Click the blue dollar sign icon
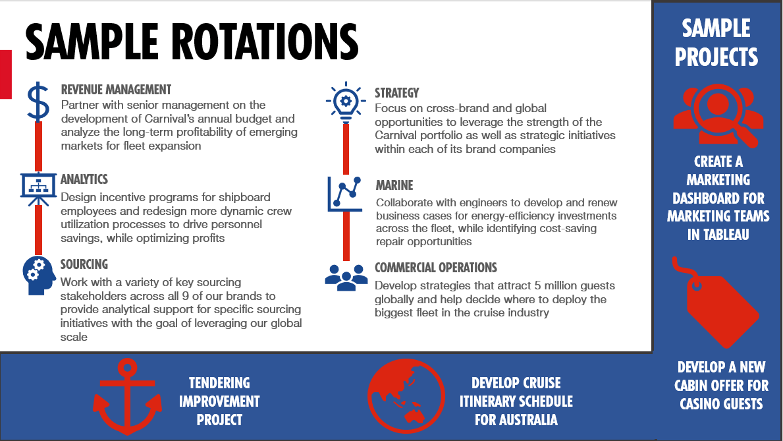(x=38, y=102)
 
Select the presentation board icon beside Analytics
(x=38, y=189)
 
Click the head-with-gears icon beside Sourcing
(x=38, y=276)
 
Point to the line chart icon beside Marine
(x=345, y=194)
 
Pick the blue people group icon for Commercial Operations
(x=346, y=278)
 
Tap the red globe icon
(x=406, y=396)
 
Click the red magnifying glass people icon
(x=718, y=115)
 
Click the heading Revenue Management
(x=116, y=90)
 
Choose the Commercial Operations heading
(x=436, y=268)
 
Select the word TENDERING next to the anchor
(x=219, y=383)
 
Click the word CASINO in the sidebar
(x=699, y=404)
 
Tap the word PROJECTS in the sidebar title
(x=716, y=57)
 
